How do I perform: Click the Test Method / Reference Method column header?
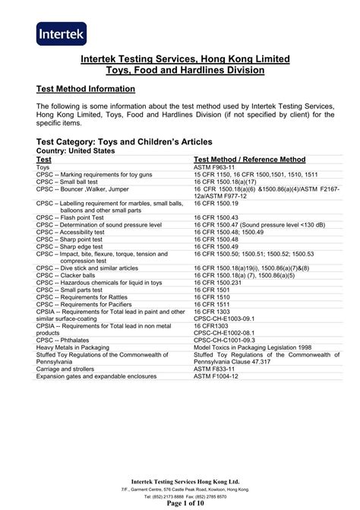point(250,160)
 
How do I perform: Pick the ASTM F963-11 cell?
point(216,168)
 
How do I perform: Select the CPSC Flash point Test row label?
point(74,218)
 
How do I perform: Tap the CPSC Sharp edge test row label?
point(74,246)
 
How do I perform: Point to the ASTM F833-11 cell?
point(216,368)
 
